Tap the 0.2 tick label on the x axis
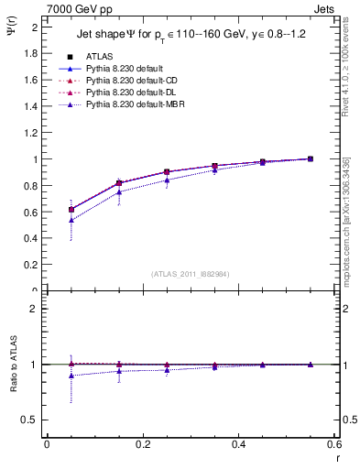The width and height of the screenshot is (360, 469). [x=143, y=444]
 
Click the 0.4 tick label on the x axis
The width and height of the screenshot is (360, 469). [x=238, y=444]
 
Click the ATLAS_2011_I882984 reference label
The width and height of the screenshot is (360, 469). [x=191, y=273]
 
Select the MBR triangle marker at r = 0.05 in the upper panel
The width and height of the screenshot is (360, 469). [x=71, y=220]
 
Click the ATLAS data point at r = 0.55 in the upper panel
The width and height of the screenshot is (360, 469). [x=311, y=158]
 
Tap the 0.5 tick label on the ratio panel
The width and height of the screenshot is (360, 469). [x=30, y=420]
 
